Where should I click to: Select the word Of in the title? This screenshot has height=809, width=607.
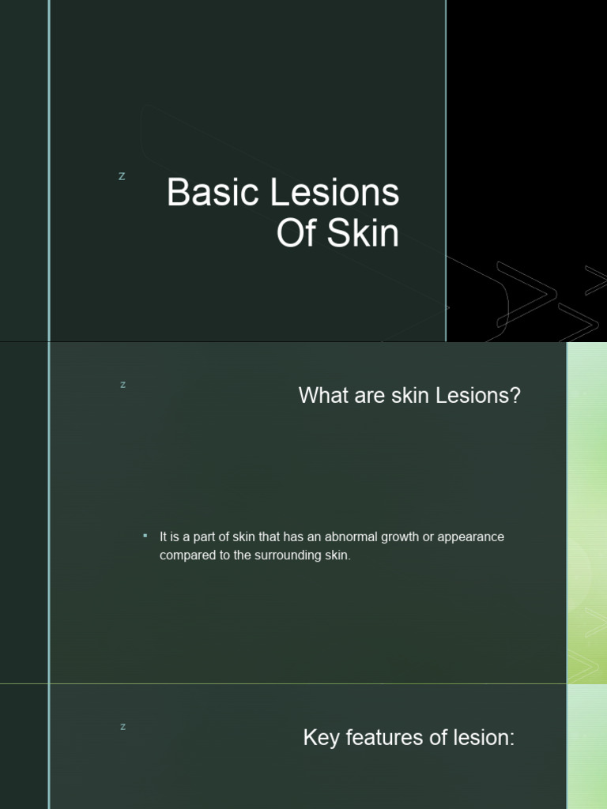pyautogui.click(x=296, y=235)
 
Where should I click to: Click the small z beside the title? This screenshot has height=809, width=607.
pyautogui.click(x=122, y=176)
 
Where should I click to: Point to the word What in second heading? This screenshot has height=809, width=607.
pyautogui.click(x=322, y=396)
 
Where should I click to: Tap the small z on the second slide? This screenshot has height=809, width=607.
pyautogui.click(x=123, y=385)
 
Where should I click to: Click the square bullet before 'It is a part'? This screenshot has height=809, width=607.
pyautogui.click(x=145, y=536)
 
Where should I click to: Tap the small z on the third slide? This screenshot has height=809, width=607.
pyautogui.click(x=123, y=727)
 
